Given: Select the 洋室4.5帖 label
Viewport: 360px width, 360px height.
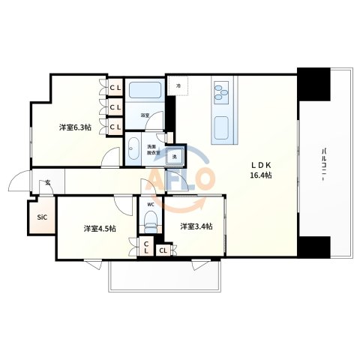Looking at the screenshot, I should (x=99, y=227).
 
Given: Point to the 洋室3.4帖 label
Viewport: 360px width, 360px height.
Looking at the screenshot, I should (x=196, y=226).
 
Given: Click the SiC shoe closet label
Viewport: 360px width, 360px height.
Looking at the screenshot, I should (x=41, y=217).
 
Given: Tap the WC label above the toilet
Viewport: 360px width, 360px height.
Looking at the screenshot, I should (x=150, y=204).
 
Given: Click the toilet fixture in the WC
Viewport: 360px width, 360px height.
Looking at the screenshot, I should (x=151, y=220).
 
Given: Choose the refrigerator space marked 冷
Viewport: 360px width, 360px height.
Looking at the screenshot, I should (x=178, y=87).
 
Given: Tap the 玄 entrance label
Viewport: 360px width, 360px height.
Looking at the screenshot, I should (x=46, y=182).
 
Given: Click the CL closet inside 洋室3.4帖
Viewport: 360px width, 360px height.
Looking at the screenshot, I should (x=163, y=250).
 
